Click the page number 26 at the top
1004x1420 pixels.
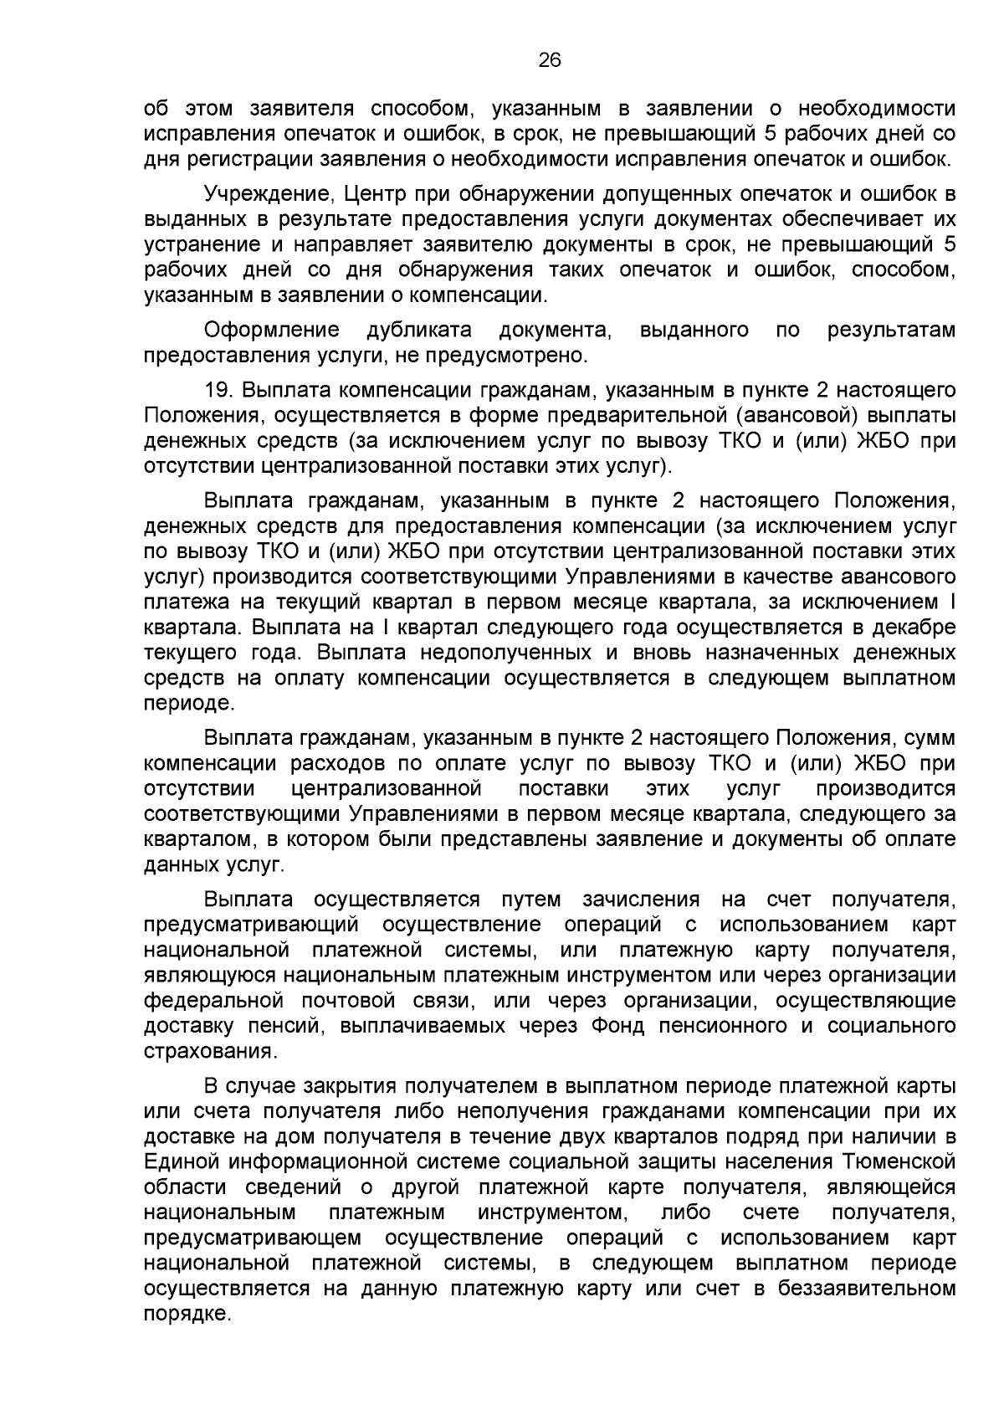(550, 59)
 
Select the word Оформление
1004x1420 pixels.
(272, 330)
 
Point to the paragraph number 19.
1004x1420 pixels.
(217, 390)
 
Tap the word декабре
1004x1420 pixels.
(914, 627)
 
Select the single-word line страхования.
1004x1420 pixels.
(210, 1051)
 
